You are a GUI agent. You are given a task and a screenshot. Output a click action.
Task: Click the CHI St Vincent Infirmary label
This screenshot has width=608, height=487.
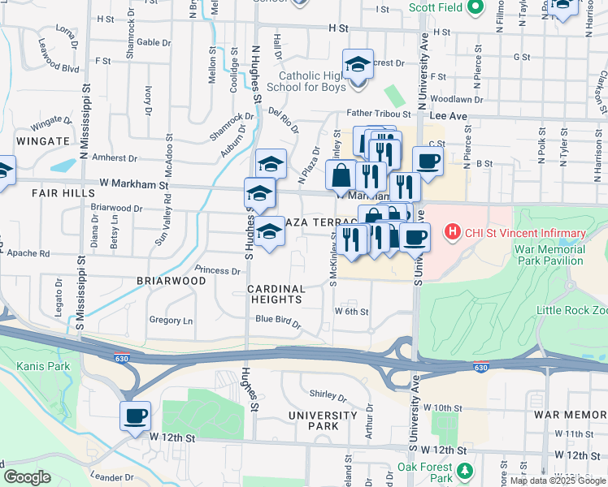[x=525, y=234]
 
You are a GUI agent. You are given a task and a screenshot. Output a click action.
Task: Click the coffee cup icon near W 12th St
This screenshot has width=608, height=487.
[x=135, y=416]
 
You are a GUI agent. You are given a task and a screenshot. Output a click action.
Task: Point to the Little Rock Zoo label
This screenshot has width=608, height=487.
[x=571, y=311]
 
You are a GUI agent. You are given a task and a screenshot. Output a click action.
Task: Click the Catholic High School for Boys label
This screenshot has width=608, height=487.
[x=312, y=82]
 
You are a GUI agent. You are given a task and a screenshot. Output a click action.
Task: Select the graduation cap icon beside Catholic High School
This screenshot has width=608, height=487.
[x=358, y=65]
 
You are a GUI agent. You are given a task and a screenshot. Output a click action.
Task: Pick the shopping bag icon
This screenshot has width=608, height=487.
[x=340, y=175]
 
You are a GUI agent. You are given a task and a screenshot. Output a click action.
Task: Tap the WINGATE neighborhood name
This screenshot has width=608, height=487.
[x=39, y=141]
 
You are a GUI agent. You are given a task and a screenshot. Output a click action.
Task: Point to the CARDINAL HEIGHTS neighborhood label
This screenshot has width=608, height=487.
[x=276, y=294]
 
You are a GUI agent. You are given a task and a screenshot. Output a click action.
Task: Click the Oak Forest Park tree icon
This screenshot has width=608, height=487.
[x=464, y=470]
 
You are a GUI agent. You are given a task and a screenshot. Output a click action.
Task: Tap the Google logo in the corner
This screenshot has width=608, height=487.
[x=28, y=477]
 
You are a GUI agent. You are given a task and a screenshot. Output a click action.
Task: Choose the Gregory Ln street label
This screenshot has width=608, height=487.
[x=171, y=321]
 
